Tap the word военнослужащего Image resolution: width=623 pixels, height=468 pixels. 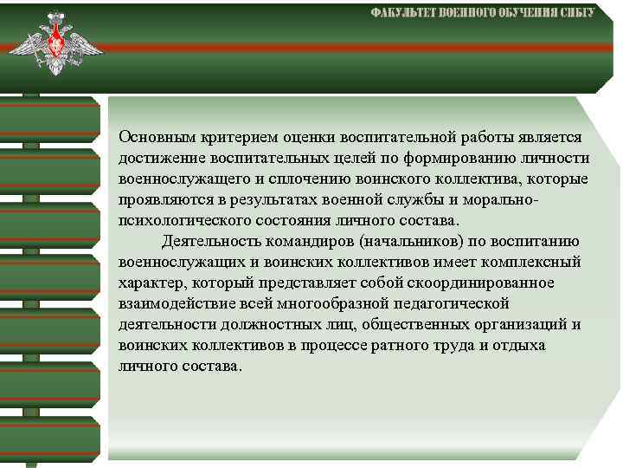(x=173, y=179)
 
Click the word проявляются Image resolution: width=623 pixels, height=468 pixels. (x=158, y=199)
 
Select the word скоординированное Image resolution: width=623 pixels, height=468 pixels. (x=494, y=283)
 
